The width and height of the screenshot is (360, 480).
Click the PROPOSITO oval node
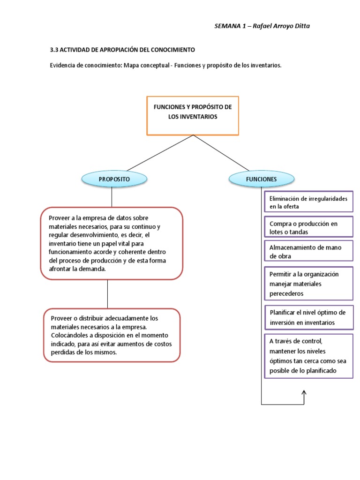coord(114,179)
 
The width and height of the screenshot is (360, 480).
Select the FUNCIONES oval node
coord(261,179)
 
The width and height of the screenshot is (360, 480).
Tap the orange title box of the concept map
coord(193,115)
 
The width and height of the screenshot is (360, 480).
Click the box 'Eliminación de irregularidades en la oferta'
coord(308,202)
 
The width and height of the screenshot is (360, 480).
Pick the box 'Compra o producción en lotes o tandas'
coord(308,227)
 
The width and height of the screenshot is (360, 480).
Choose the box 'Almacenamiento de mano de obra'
coord(308,251)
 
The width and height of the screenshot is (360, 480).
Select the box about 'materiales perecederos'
coord(308,284)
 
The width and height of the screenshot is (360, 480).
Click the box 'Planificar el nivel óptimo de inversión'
coord(308,317)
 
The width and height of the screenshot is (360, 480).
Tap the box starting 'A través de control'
coord(308,356)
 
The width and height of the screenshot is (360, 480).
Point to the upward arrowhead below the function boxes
coord(304,393)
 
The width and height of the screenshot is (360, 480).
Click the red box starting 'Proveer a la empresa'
coord(112,243)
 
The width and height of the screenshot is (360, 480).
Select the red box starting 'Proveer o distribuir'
coord(112,335)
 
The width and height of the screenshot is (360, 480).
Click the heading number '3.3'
coord(54,49)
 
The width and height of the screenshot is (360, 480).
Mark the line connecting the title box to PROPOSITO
coord(159,153)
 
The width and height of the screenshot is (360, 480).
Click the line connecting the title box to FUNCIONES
coord(221,153)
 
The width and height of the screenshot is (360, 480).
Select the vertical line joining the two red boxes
coord(107,294)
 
